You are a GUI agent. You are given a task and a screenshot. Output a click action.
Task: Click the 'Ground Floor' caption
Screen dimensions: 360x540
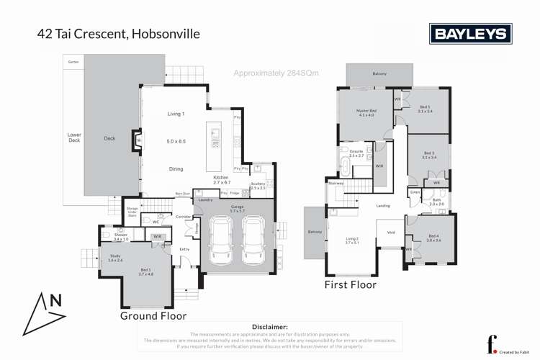coord(153,315)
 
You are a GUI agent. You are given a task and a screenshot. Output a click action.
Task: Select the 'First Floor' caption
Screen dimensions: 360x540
coord(350,284)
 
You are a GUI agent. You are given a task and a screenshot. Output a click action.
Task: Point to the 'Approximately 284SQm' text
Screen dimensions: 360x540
coord(276,73)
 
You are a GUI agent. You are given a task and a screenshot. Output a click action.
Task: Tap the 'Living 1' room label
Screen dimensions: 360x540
coord(176,114)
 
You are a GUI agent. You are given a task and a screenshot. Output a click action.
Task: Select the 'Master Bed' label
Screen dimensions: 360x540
coord(366,111)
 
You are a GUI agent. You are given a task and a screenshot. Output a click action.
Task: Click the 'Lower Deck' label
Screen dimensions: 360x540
coord(73,138)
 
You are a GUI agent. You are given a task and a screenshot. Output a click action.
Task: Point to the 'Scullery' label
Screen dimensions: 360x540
coord(258,184)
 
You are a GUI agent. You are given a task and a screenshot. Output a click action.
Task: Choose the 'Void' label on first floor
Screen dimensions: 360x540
coord(390,233)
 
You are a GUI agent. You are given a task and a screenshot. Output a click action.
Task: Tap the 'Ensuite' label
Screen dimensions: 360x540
coord(356,151)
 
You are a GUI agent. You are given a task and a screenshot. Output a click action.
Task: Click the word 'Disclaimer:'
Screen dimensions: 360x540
coord(267,326)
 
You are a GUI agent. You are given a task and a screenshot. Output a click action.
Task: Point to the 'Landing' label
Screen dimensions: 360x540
coord(383,207)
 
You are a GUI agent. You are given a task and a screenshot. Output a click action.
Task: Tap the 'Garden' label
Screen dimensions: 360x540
coord(73,63)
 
